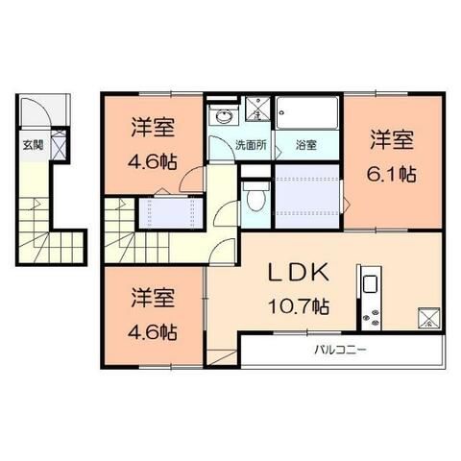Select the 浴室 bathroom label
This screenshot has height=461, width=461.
305,146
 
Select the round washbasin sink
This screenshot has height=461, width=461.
225,117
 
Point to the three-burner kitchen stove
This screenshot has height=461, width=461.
370,316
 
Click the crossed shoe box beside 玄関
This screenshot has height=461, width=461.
61,147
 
